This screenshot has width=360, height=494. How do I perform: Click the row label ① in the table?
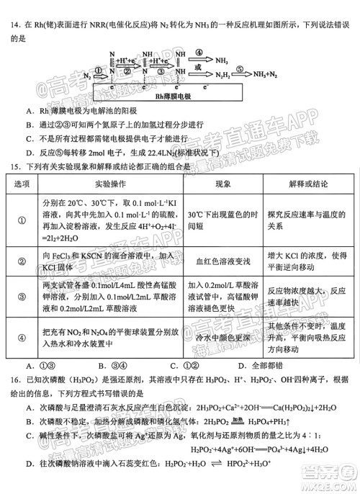click(23, 221)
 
